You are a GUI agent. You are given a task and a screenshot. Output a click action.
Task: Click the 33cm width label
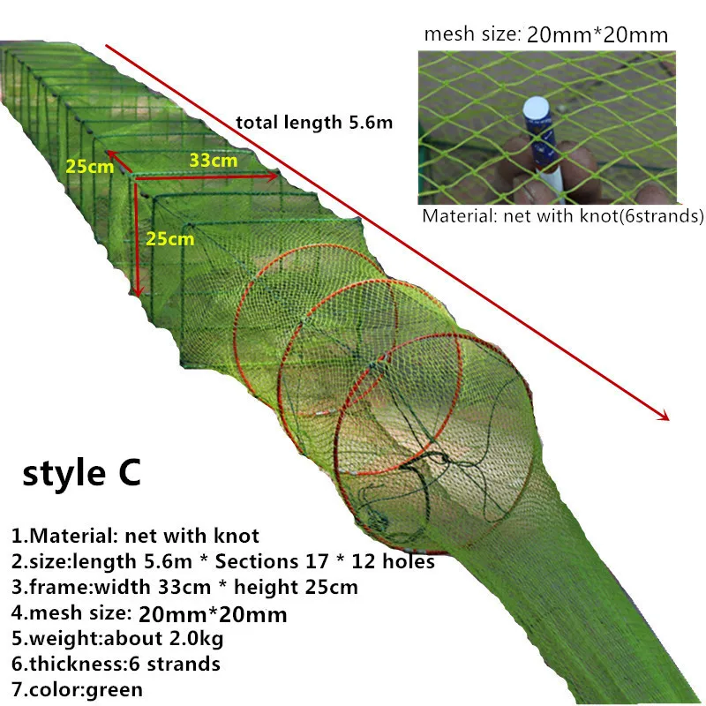[213, 161]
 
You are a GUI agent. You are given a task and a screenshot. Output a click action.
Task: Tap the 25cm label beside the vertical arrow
[170, 237]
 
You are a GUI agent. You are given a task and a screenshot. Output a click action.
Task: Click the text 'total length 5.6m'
[314, 122]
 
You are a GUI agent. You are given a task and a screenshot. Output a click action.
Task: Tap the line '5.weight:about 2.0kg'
[109, 638]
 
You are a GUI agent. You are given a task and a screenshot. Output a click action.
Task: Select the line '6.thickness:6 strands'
[116, 664]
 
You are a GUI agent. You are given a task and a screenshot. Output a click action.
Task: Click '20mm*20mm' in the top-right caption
[597, 34]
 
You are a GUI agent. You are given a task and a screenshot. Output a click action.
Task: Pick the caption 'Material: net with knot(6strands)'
[562, 216]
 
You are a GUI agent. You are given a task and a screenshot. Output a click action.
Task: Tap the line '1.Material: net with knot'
[135, 535]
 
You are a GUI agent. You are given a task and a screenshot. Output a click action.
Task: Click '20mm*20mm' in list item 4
[213, 612]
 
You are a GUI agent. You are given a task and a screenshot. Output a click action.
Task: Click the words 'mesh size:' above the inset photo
[470, 34]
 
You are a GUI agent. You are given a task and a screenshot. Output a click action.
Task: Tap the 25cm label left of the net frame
[87, 164]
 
